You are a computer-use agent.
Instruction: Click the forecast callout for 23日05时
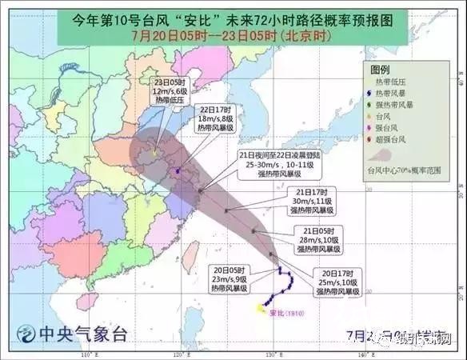tap(170, 90)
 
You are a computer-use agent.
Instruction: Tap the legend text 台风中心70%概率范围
tap(405, 170)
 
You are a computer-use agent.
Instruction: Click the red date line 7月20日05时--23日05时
tap(232, 35)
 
